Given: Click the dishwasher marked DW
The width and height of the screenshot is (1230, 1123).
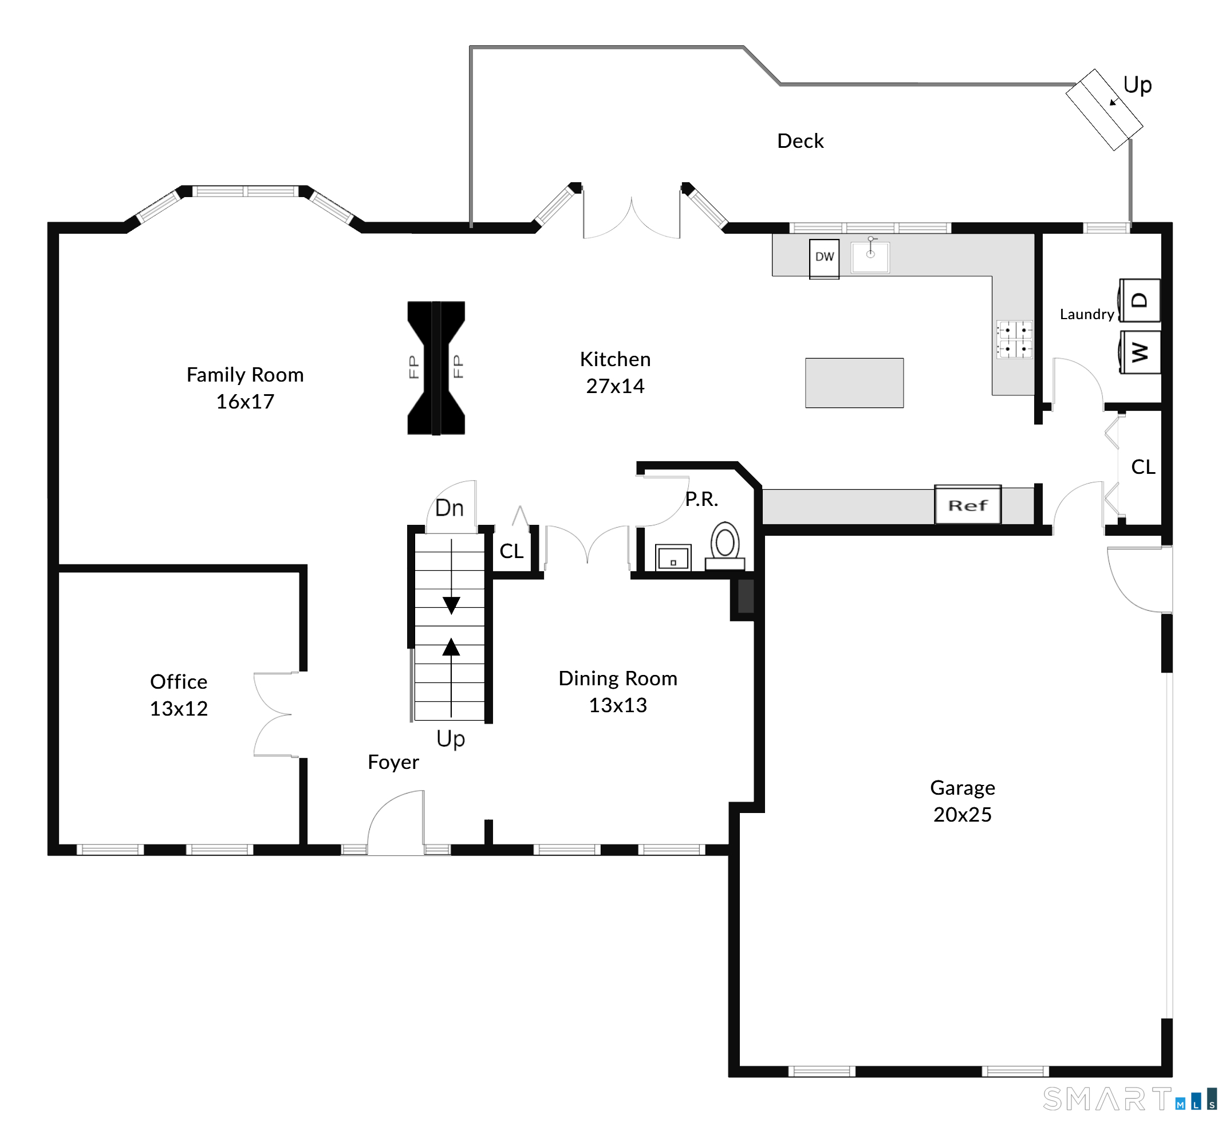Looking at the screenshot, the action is [824, 260].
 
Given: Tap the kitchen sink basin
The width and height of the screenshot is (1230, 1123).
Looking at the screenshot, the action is [870, 256].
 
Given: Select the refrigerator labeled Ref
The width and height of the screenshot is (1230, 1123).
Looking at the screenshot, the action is [968, 505].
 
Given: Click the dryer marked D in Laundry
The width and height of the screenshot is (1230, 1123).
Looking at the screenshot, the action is [1140, 300].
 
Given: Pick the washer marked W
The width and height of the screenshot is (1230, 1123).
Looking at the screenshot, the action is [1140, 352].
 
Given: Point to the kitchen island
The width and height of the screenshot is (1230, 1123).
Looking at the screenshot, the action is [854, 383].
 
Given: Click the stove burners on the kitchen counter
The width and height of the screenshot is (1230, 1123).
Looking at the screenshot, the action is [1014, 339].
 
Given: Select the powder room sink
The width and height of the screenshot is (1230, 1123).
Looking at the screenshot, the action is [673, 558].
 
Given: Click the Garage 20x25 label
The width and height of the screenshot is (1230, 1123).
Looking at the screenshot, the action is [962, 802].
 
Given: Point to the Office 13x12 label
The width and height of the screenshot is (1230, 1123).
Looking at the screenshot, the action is [179, 695].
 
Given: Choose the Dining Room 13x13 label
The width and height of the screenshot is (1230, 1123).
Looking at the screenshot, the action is [617, 692].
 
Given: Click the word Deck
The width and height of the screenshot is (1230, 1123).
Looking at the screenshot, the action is [800, 141].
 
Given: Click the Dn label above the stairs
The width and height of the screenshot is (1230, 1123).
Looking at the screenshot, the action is [449, 508].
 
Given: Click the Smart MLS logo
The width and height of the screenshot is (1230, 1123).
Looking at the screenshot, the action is [1130, 1099].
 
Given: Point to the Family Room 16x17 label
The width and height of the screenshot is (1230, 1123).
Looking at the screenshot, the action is [245, 388].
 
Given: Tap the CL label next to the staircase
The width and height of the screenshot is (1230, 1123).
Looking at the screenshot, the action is [511, 552].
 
